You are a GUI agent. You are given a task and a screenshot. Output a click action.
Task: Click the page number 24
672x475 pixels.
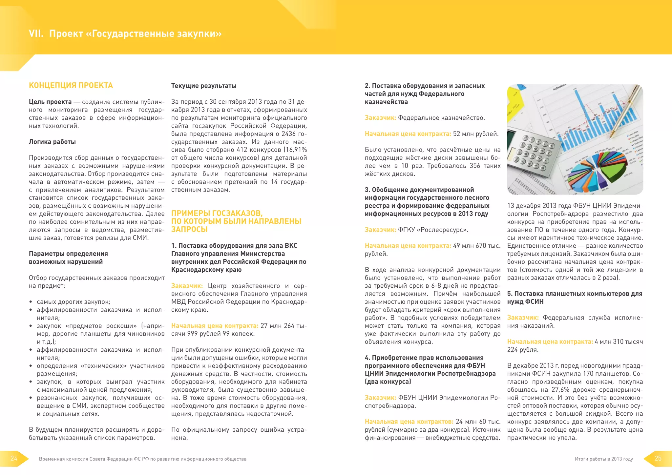point(14,458)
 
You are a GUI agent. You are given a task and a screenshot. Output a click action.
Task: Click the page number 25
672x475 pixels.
point(658,458)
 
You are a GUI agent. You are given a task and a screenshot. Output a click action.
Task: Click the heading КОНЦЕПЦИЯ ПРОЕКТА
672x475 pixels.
point(71,85)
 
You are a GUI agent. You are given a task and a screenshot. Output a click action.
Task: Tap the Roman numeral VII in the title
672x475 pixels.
point(36,34)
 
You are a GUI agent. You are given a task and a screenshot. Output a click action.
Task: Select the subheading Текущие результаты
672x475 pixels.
point(204,86)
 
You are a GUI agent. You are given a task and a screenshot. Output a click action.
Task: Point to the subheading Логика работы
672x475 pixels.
point(52,142)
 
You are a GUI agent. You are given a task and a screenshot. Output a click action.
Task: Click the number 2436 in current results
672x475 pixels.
point(288,134)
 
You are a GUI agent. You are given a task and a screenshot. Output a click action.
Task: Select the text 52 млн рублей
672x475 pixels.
point(476,134)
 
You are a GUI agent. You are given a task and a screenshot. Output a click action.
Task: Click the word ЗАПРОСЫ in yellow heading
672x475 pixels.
point(189,229)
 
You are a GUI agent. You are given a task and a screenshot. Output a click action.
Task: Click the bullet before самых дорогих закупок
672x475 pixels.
point(31,302)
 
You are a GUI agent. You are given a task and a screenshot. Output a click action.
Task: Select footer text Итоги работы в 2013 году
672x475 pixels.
point(604,459)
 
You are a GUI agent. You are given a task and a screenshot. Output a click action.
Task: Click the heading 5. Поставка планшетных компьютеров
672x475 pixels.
point(574,294)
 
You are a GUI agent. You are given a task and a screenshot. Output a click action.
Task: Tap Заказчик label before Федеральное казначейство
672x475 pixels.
point(380,118)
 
